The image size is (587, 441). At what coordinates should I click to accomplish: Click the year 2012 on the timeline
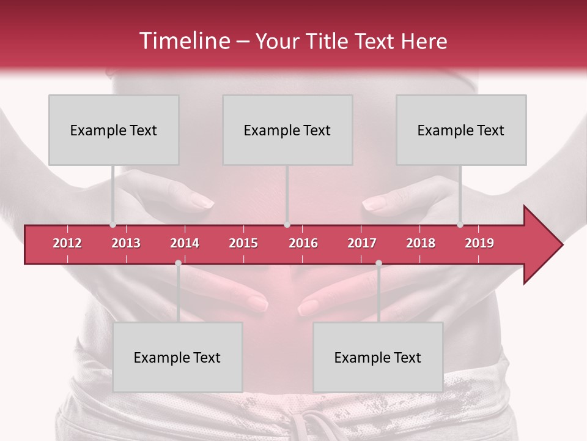point(67,243)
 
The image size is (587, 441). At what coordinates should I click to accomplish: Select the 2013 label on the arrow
point(126,243)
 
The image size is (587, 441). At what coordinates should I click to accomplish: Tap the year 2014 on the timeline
point(185,243)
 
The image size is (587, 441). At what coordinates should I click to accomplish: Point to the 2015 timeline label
point(243,243)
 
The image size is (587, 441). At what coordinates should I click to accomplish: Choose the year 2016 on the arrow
point(303,243)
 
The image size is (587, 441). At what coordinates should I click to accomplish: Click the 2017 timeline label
point(362,243)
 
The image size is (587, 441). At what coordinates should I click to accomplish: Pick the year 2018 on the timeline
point(421,243)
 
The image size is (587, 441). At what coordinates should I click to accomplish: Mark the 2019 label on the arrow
point(479,243)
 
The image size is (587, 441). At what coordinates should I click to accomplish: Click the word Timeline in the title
point(184,41)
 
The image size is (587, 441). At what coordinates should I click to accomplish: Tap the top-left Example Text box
point(114,130)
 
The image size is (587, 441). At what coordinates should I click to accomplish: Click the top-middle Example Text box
point(287,130)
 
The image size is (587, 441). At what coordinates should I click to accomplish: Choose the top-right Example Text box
point(461,130)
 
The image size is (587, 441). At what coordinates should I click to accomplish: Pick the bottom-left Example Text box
point(177,357)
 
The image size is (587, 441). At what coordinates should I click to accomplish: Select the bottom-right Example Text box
point(378,357)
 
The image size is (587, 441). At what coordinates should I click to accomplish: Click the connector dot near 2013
point(113,225)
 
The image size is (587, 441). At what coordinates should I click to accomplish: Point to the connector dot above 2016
point(287,225)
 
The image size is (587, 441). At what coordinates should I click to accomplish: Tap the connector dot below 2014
point(178,263)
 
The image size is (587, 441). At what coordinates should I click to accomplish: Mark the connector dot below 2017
point(378,263)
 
